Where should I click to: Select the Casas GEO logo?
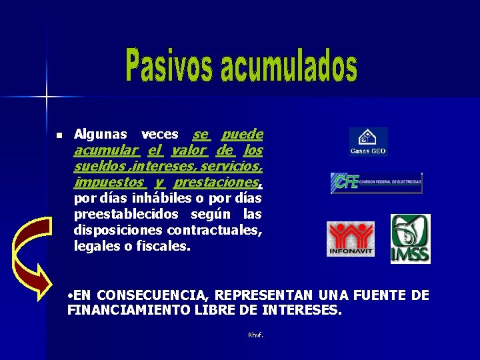pyautogui.click(x=368, y=142)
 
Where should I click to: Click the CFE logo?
pyautogui.click(x=377, y=182)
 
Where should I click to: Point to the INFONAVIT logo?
pyautogui.click(x=351, y=239)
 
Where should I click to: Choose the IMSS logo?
pyautogui.click(x=410, y=239)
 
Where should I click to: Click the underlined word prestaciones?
pyautogui.click(x=216, y=182)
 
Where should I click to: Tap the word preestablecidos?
pyautogui.click(x=126, y=214)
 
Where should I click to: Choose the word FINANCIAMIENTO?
pyautogui.click(x=126, y=310)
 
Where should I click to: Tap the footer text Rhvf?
pyautogui.click(x=255, y=335)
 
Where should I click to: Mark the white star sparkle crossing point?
pyautogui.click(x=47, y=98)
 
